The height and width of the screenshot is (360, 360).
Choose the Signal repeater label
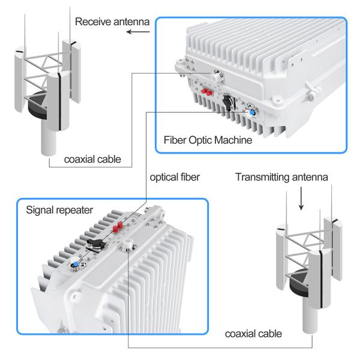coord(59,211)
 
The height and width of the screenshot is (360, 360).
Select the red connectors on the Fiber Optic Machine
coord(208,92)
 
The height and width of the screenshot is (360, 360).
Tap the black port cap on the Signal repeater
coord(94,244)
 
